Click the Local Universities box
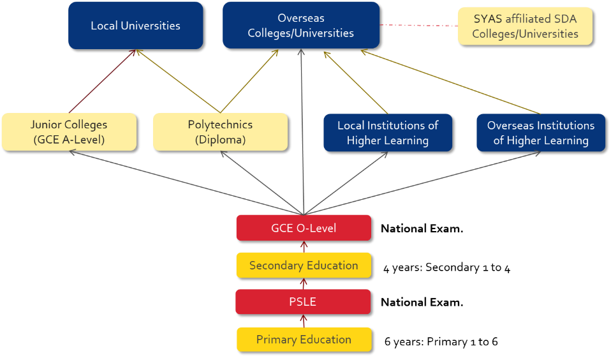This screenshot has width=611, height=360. tap(136, 26)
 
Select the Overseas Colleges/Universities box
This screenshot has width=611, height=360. tap(301, 26)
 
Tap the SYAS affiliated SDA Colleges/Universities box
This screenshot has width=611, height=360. tap(526, 26)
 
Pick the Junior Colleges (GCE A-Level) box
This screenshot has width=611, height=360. tap(70, 132)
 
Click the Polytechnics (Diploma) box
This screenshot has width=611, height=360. tap(221, 132)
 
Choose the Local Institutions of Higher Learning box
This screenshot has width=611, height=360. tap(388, 133)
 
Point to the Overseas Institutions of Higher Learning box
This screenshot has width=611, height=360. tap(541, 133)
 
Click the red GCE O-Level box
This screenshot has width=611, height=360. tap(304, 228)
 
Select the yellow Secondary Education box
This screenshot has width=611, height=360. tap(304, 266)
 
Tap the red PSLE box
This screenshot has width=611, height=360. tap(303, 302)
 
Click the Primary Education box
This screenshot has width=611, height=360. tap(304, 340)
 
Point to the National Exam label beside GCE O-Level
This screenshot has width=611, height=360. tap(422, 229)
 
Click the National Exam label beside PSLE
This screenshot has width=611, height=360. tap(422, 303)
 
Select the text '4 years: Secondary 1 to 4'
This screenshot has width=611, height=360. tap(447, 267)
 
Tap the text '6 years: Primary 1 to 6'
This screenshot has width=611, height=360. tap(441, 341)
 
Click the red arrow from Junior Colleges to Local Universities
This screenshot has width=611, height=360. tap(102, 81)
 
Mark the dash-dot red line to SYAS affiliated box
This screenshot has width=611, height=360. tap(419, 26)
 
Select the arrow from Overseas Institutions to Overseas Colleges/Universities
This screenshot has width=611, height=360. tap(450, 82)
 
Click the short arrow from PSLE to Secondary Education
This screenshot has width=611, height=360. tap(304, 283)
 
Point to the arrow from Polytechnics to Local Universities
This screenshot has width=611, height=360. tap(178, 81)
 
